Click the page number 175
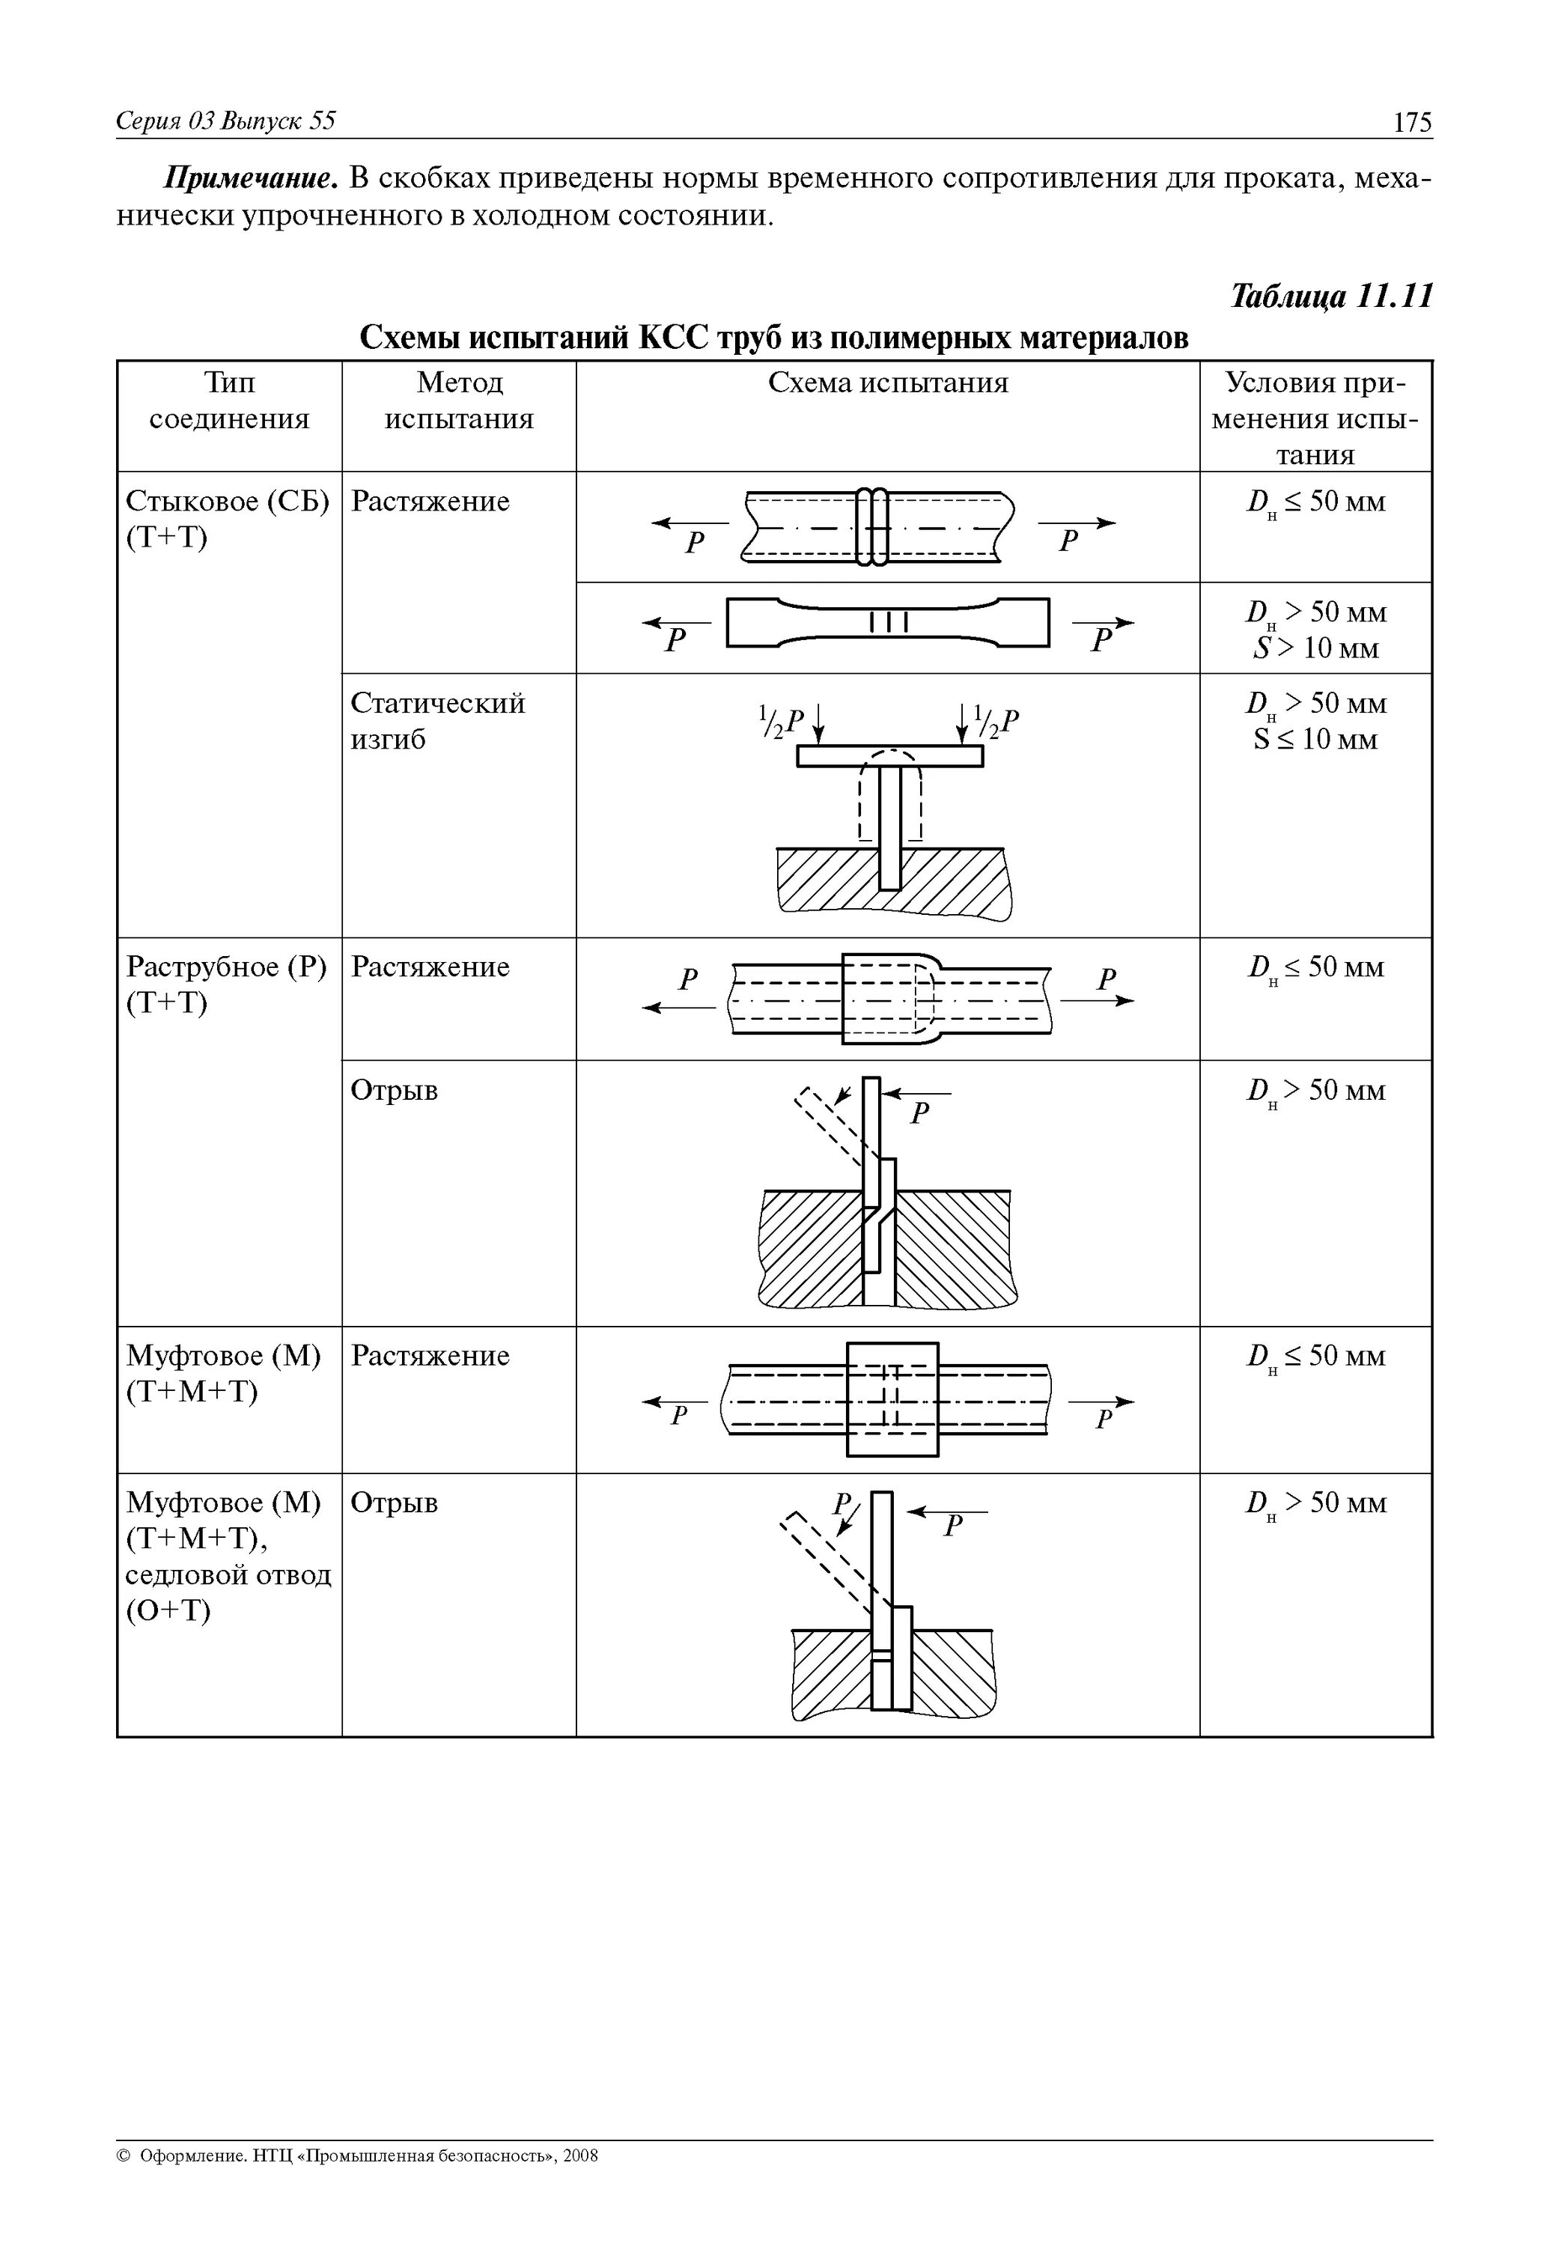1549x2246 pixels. click(x=1412, y=122)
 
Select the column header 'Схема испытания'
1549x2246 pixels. click(x=887, y=383)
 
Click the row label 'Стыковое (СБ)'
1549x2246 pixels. click(x=227, y=502)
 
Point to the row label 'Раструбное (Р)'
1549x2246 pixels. click(x=227, y=967)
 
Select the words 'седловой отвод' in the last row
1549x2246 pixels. click(x=228, y=1574)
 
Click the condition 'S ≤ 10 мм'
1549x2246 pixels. click(x=1315, y=740)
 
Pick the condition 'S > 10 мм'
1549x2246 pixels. click(x=1315, y=648)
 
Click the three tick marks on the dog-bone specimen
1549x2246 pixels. click(x=888, y=622)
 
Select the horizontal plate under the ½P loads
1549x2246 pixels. click(x=889, y=756)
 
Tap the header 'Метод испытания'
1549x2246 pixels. click(x=459, y=401)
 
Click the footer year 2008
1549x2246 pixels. click(x=580, y=2183)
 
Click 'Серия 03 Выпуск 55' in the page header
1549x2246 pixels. click(x=225, y=121)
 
